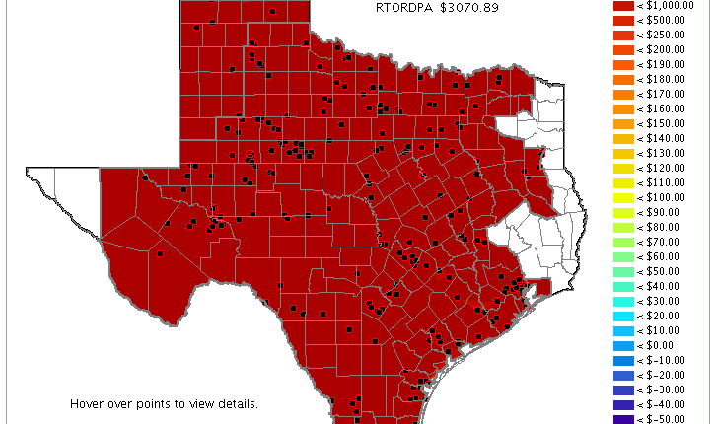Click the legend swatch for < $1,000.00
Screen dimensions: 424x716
click(x=622, y=5)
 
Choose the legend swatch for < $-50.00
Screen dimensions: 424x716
click(x=622, y=419)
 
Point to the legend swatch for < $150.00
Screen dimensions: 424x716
click(x=622, y=123)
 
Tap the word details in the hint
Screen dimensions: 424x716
click(x=238, y=404)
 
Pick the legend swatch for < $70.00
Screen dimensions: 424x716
click(x=622, y=242)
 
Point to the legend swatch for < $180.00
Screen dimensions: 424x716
click(x=622, y=79)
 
